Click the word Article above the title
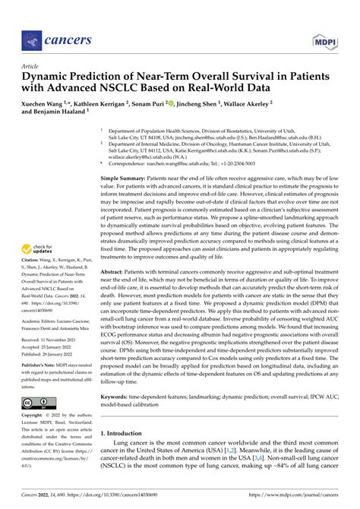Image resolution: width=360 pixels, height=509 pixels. click(x=31, y=66)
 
